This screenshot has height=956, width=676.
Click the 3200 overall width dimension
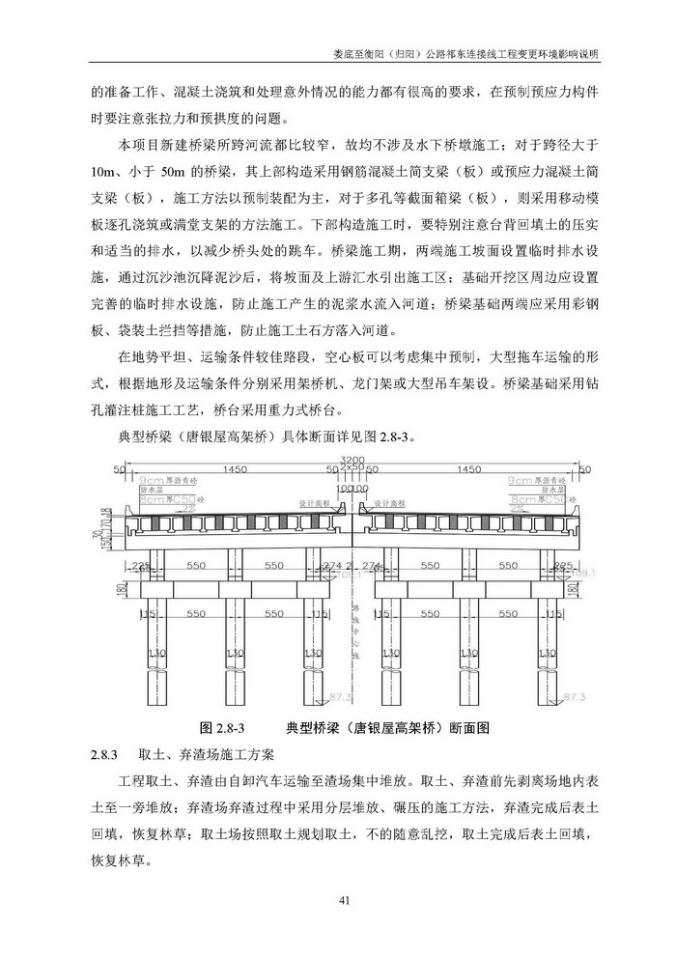click(351, 460)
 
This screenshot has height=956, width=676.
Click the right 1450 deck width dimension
click(469, 469)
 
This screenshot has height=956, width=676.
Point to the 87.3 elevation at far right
click(574, 695)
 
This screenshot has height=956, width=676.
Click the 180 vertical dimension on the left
click(122, 590)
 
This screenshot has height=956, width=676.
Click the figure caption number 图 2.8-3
click(223, 727)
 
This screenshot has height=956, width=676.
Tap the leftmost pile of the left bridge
click(152, 657)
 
